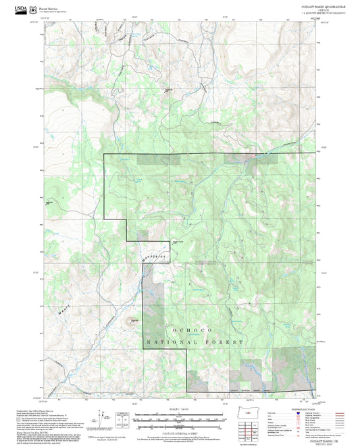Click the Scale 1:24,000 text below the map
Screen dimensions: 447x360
click(x=180, y=409)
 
